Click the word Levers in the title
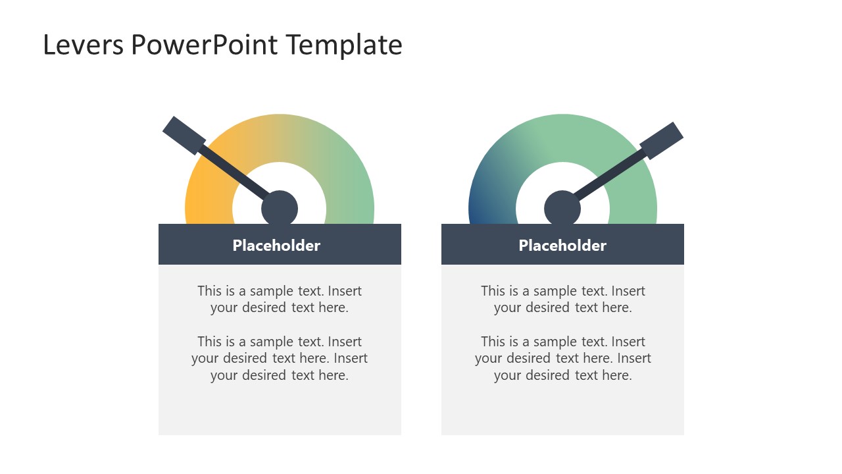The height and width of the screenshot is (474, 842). [83, 45]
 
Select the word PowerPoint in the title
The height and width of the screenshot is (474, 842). [205, 45]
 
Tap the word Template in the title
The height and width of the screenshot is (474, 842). [344, 45]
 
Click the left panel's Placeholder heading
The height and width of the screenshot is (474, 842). [276, 246]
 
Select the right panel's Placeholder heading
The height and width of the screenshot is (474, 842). [562, 246]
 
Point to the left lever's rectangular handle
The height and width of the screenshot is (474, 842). [184, 136]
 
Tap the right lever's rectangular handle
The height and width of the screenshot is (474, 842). [661, 140]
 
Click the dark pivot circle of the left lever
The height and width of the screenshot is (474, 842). [280, 209]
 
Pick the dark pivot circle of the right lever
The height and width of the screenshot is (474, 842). [562, 209]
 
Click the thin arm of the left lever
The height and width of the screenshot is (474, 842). [234, 172]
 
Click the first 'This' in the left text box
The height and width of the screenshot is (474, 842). [209, 291]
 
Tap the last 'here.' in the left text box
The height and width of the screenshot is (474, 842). [332, 375]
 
